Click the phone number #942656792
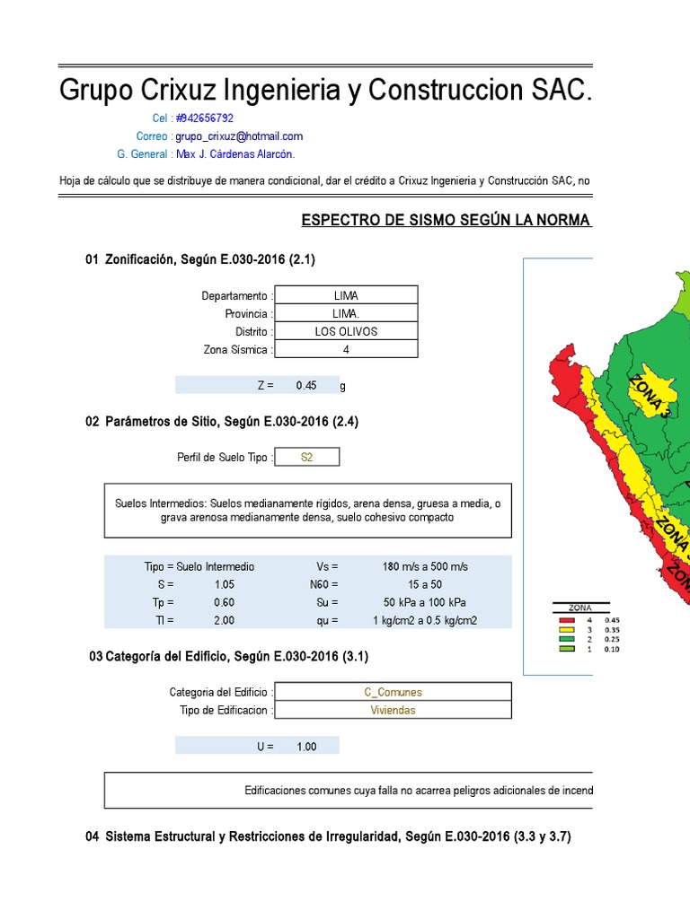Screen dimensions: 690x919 205,118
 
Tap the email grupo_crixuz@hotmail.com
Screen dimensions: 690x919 239,136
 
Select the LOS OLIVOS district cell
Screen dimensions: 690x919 346,331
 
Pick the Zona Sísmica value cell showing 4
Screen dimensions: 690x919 346,350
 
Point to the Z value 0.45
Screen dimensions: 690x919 306,385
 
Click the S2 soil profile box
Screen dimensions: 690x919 307,458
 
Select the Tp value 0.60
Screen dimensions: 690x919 224,602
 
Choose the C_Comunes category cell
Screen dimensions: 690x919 394,692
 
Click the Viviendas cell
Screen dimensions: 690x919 394,710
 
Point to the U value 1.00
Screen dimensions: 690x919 306,747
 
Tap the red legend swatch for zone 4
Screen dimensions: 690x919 566,620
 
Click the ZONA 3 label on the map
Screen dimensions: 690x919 651,395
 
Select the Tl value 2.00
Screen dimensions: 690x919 224,620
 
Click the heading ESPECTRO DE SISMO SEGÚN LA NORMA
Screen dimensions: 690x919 446,221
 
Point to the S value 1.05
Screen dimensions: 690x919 224,584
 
